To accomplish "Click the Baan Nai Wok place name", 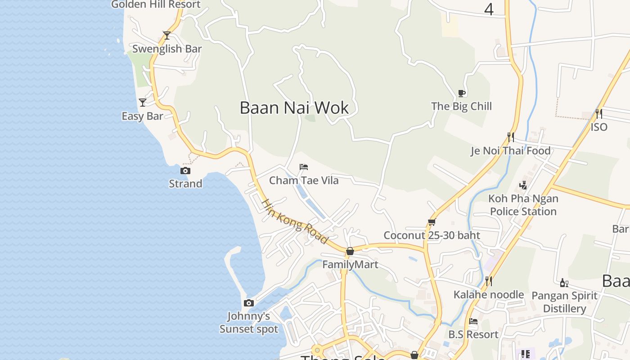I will [x=294, y=108].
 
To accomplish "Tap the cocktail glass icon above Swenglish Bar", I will [x=167, y=35].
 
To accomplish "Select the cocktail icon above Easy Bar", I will [x=143, y=103].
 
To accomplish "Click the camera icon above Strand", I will [x=185, y=171].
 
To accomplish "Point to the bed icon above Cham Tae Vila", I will [x=304, y=167].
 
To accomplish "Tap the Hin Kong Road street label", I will [x=295, y=221].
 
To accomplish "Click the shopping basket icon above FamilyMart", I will [x=350, y=251].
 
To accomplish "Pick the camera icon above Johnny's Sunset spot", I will [x=249, y=303].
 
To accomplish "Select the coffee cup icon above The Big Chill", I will [x=461, y=93].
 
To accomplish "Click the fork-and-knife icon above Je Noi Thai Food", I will [x=511, y=137].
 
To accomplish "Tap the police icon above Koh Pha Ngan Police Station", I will [x=523, y=184].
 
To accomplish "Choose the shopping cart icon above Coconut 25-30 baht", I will [x=432, y=222].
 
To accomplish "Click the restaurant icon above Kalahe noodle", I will [x=489, y=281].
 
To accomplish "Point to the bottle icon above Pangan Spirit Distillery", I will [x=564, y=283].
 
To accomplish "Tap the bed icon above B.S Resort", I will [x=473, y=321].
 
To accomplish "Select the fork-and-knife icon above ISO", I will [x=599, y=113].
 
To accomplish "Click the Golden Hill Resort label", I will [x=156, y=4].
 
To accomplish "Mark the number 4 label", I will [x=489, y=9].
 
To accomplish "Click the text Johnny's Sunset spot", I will [x=249, y=322].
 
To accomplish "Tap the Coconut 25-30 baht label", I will [x=432, y=235].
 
